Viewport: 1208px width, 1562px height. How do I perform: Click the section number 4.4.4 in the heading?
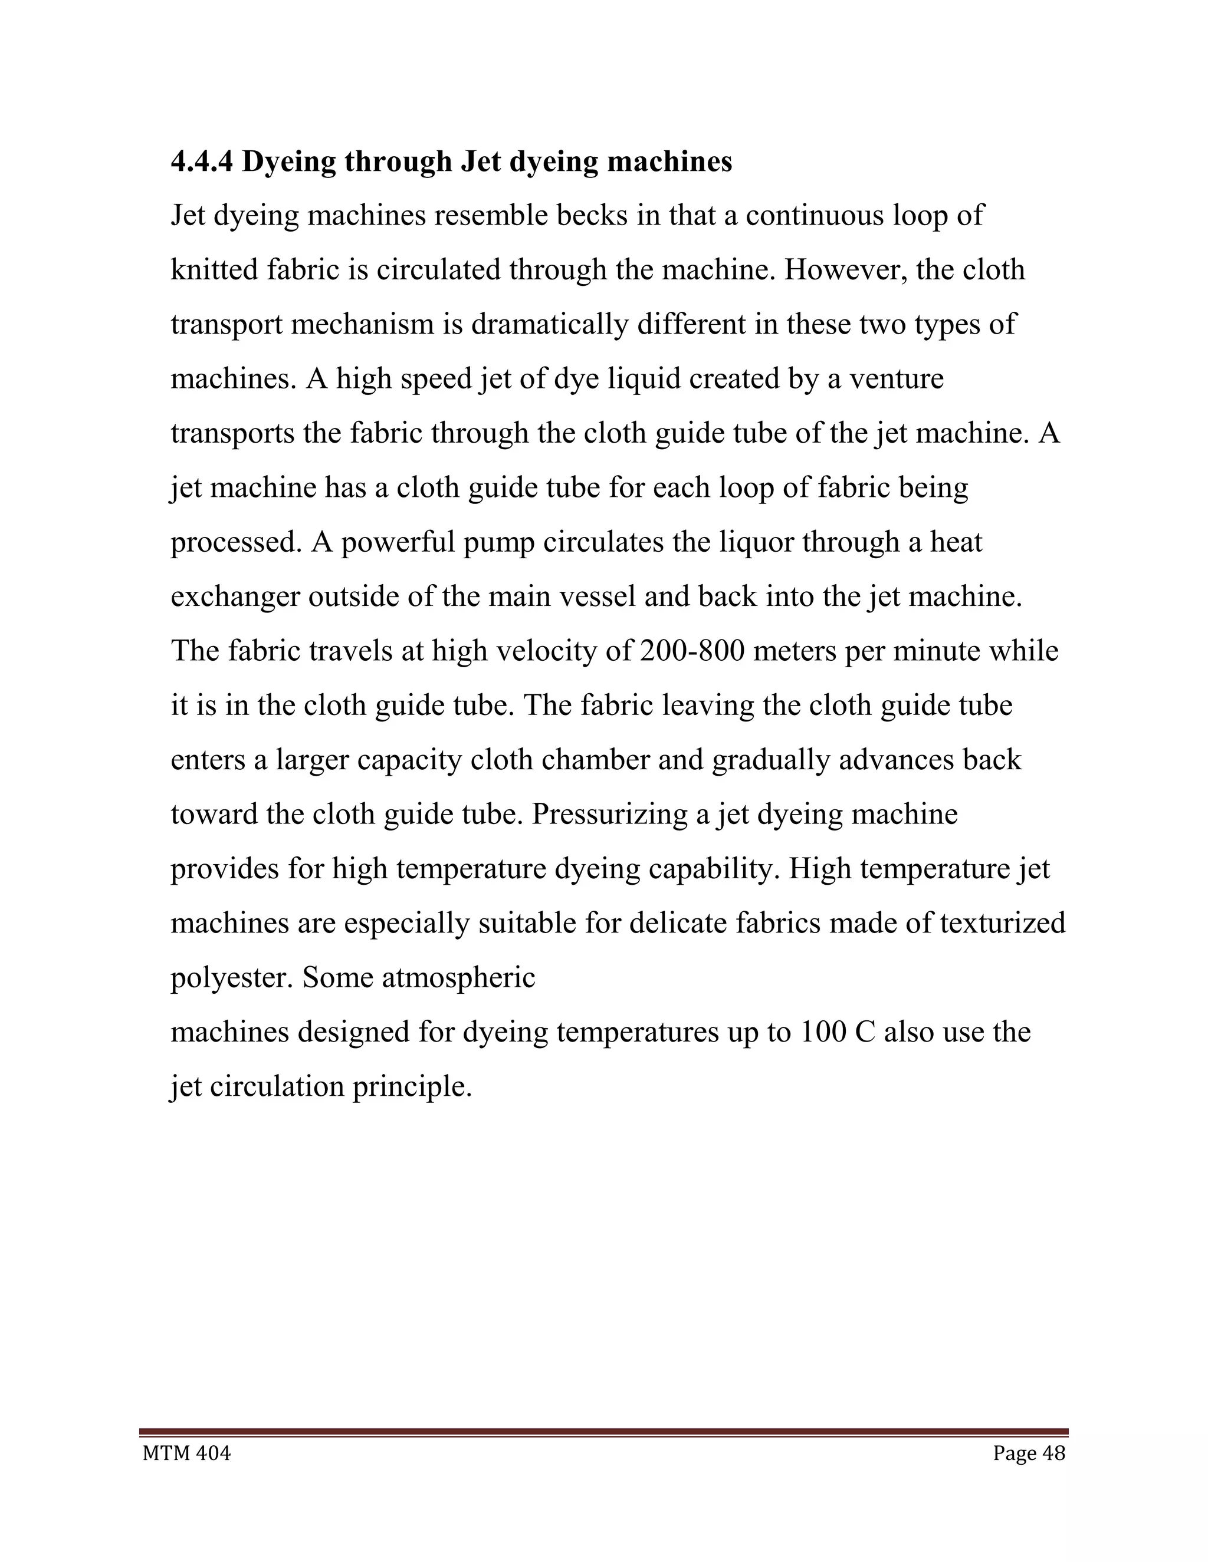pyautogui.click(x=202, y=162)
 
